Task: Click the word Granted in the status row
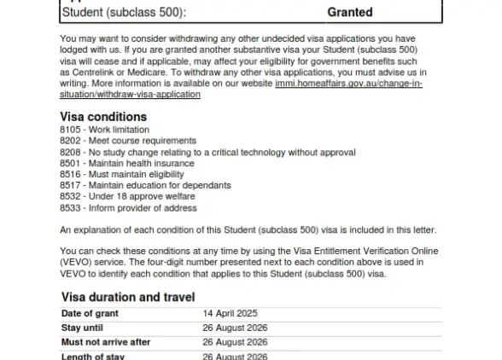[x=350, y=13]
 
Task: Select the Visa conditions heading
[x=103, y=117]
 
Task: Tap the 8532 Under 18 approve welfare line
[x=121, y=196]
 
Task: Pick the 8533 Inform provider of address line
[x=128, y=207]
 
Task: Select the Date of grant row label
[x=90, y=313]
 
